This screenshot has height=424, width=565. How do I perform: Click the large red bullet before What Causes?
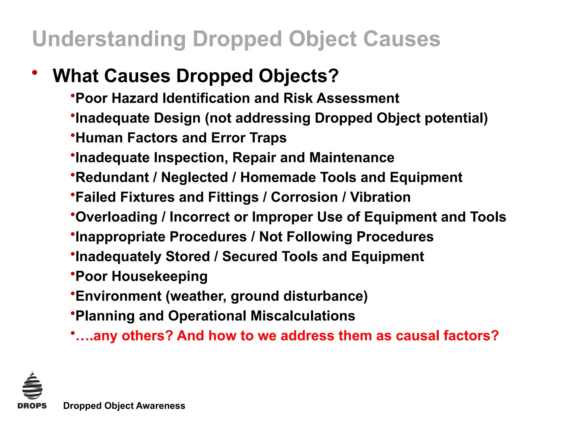coord(34,73)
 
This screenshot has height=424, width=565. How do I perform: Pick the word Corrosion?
coord(304,197)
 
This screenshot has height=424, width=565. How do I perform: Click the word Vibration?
coord(380,197)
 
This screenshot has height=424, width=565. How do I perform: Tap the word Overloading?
coord(116,217)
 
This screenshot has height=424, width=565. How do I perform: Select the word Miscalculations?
coord(303,316)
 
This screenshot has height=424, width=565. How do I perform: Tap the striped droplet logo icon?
coord(32,386)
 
